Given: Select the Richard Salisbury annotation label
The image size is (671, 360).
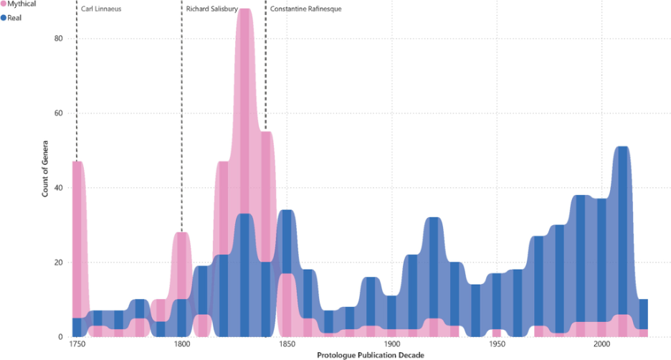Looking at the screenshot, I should tap(211, 9).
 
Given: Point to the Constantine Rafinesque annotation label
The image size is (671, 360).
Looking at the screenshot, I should tap(305, 9).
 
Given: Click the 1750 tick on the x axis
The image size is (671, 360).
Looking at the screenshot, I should tap(77, 345).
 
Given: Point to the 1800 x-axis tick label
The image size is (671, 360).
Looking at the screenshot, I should tap(181, 345).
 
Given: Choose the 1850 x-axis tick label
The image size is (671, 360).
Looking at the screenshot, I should tap(287, 345).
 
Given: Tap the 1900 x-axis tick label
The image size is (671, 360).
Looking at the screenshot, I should tap(391, 345).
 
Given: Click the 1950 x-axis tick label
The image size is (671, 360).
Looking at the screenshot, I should tap(497, 345).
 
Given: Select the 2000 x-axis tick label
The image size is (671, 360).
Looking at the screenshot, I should tap(601, 345).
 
